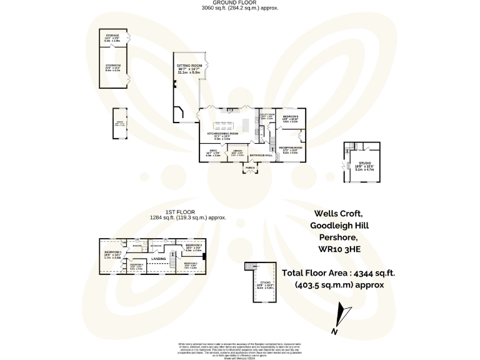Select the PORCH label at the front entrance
(x=250, y=168)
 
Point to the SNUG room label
(x=213, y=151)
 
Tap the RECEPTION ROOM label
(x=291, y=147)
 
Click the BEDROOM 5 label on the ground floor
(x=291, y=117)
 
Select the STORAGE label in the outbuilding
(x=112, y=36)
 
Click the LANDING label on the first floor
(x=159, y=258)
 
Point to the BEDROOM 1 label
(x=112, y=252)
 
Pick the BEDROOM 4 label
(x=137, y=265)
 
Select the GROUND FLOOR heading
(x=240, y=4)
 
